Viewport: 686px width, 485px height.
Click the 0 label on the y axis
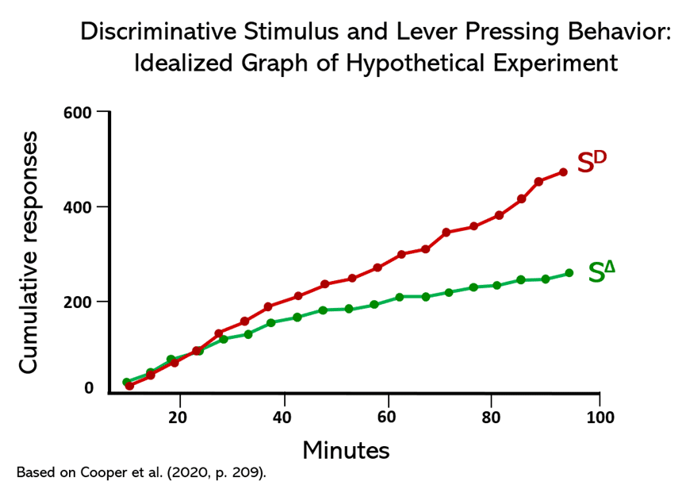point(89,388)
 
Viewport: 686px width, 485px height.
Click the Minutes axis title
point(346,451)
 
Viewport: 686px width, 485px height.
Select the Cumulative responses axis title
point(29,252)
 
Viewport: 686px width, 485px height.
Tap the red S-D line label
point(591,162)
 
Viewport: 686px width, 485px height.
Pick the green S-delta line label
point(602,271)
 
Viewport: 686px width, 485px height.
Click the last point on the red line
point(563,172)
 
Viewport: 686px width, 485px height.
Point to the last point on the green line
point(569,273)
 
